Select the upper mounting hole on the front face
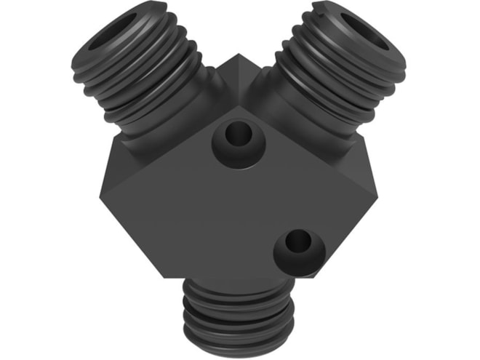click(237, 135)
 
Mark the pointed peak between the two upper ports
click(240, 56)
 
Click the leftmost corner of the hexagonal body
click(100, 193)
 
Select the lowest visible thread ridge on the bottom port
click(239, 348)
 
